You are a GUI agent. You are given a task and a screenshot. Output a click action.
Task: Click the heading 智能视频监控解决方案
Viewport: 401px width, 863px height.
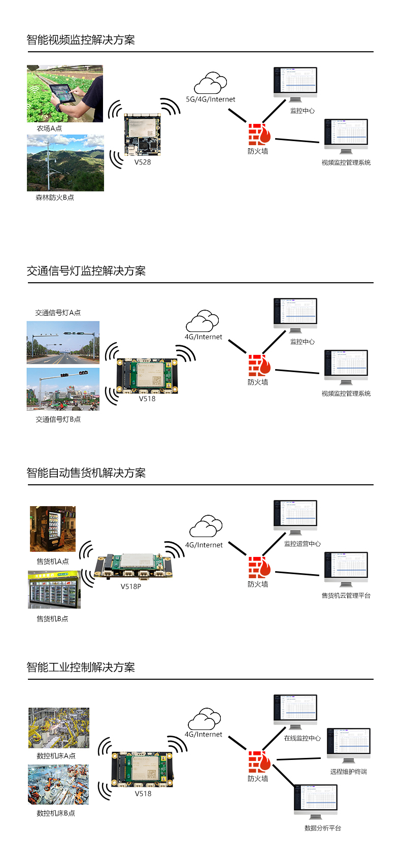pos(81,40)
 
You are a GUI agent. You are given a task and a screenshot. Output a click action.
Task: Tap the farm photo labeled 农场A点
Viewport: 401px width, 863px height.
pos(65,93)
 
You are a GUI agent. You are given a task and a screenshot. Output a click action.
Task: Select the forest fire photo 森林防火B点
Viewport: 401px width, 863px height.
pos(65,163)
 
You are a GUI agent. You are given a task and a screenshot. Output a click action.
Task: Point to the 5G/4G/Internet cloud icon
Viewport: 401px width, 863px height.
pos(210,83)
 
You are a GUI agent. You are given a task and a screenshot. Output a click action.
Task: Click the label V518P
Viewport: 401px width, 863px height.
pos(131,586)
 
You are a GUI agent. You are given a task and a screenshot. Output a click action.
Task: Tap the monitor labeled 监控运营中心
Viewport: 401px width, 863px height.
pos(295,517)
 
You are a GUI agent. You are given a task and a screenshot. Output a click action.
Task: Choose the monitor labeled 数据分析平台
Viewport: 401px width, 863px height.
pos(316,801)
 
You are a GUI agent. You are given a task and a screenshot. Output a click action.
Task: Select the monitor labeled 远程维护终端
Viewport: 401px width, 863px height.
pos(349,745)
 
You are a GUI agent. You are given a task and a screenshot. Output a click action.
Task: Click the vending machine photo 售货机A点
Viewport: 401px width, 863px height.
pos(53,529)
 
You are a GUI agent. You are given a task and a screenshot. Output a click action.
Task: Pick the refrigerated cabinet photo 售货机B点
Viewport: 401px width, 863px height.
pos(54,589)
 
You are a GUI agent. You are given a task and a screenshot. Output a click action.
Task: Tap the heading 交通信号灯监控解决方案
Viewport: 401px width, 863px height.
pos(86,271)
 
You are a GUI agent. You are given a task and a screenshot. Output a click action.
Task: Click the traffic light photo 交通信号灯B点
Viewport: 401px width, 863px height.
pos(63,389)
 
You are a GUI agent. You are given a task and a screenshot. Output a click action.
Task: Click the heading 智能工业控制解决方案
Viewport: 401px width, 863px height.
pos(81,668)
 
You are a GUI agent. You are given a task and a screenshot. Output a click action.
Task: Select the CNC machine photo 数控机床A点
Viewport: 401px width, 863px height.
pos(59,728)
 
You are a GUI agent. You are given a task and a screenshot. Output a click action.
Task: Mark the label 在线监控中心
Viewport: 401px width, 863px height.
pos(303,738)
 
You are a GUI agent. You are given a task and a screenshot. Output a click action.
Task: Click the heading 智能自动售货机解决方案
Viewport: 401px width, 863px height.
pos(86,473)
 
